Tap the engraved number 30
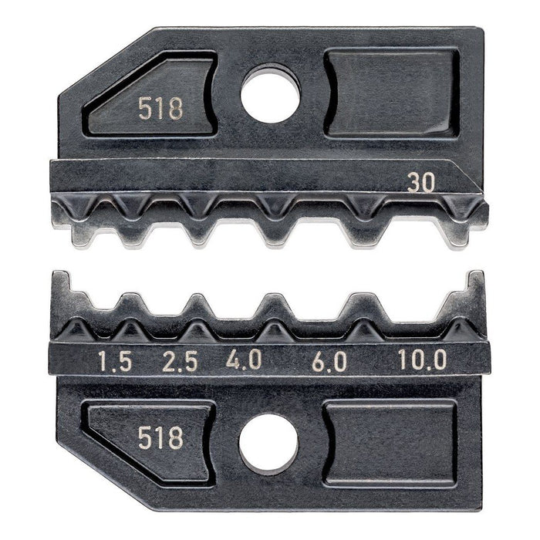point(421,182)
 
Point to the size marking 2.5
point(180,361)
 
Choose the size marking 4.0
point(245,361)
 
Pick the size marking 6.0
point(329,361)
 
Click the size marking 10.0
point(421,361)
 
